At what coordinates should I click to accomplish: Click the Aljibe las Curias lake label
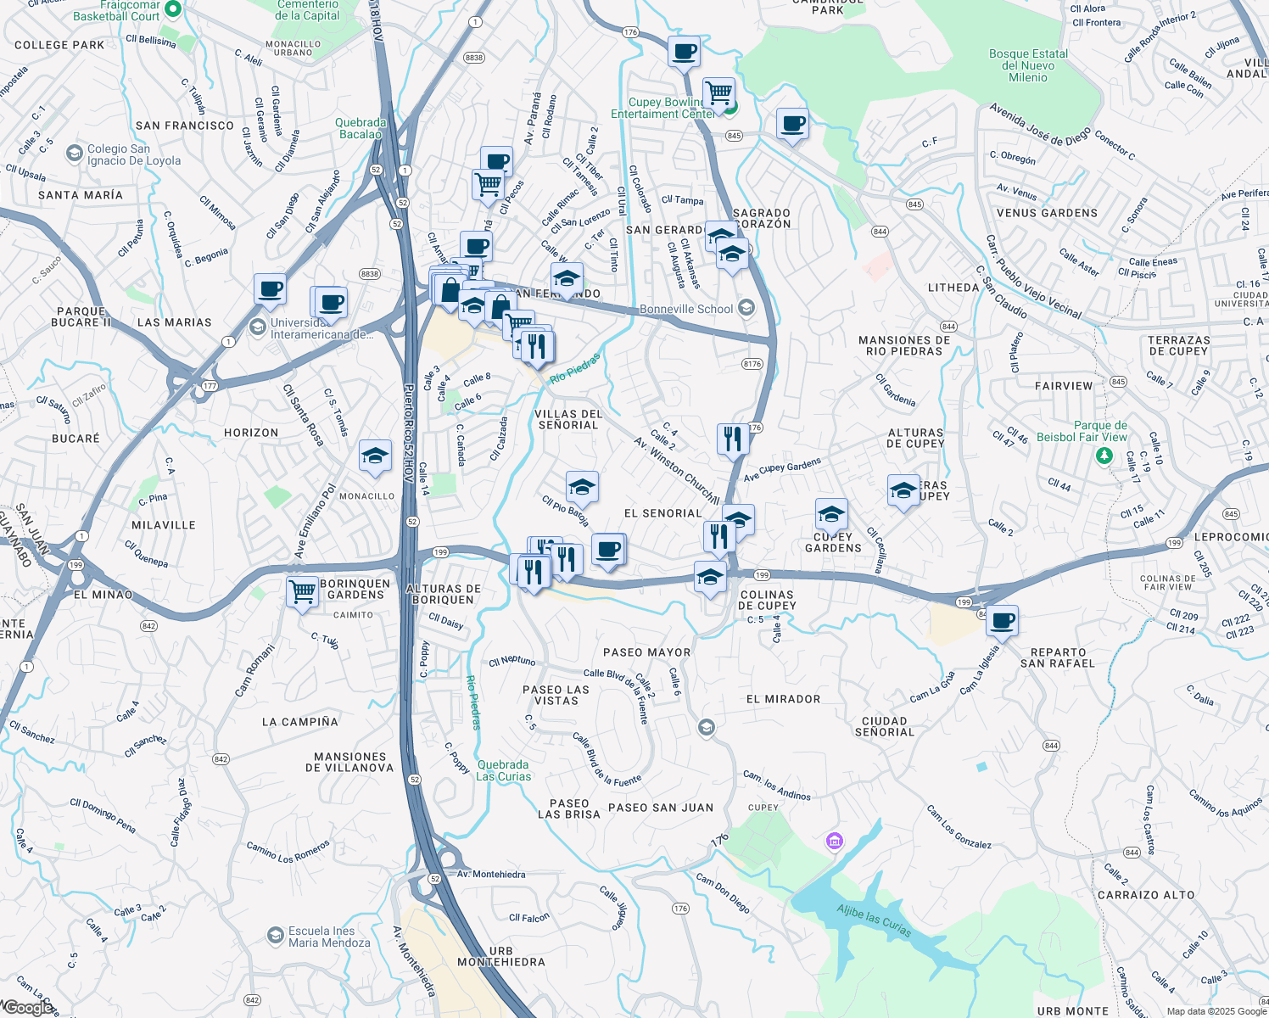pyautogui.click(x=874, y=920)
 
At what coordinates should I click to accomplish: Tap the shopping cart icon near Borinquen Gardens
pyautogui.click(x=302, y=591)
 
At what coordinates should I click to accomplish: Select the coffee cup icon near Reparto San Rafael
pyautogui.click(x=1002, y=621)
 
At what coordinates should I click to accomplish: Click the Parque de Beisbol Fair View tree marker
pyautogui.click(x=1104, y=456)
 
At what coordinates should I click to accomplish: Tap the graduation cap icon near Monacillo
pyautogui.click(x=375, y=456)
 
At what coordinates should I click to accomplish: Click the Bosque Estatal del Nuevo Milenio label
pyautogui.click(x=1028, y=65)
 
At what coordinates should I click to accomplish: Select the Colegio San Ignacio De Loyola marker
pyautogui.click(x=74, y=154)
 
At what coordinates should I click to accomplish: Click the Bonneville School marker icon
pyautogui.click(x=746, y=307)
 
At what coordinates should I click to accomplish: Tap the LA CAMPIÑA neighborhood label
pyautogui.click(x=300, y=722)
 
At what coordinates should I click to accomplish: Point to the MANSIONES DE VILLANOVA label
pyautogui.click(x=349, y=762)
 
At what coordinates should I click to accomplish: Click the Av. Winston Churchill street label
pyautogui.click(x=676, y=471)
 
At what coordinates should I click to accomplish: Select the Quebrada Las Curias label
pyautogui.click(x=503, y=770)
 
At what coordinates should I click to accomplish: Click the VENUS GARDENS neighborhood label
pyautogui.click(x=1047, y=213)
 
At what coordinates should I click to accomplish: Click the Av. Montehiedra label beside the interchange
pyautogui.click(x=491, y=875)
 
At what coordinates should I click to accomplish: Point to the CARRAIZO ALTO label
pyautogui.click(x=1146, y=895)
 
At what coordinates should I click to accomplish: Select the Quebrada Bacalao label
pyautogui.click(x=361, y=128)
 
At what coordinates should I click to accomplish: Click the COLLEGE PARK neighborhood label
pyautogui.click(x=59, y=45)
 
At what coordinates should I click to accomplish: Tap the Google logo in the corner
pyautogui.click(x=28, y=1008)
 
